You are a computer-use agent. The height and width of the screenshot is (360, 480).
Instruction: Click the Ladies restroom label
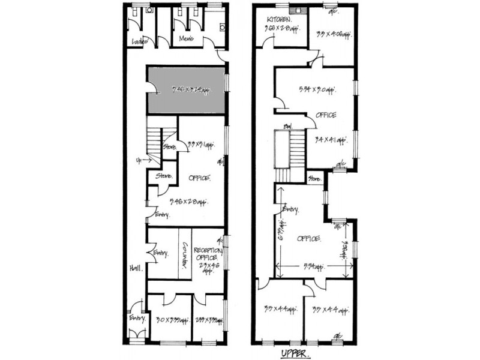[140, 41]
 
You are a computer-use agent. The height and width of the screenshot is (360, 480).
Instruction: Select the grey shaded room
[187, 90]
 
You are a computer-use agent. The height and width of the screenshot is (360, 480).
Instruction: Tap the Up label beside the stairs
[139, 160]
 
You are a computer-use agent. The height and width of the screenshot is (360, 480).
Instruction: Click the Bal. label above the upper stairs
[288, 127]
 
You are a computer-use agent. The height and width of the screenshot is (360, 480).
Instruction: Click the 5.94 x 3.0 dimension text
[316, 90]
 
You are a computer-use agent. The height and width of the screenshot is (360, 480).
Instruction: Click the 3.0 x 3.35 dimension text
[167, 320]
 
